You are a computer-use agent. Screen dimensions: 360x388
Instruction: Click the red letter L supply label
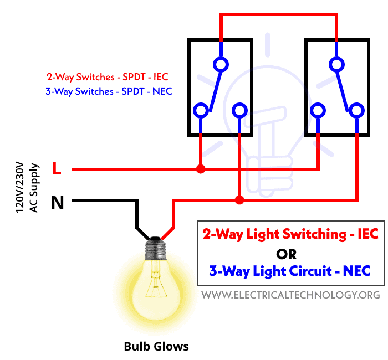[57, 169]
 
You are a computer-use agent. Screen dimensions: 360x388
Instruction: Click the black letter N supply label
[57, 203]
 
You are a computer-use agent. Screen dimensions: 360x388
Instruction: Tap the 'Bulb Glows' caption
[156, 347]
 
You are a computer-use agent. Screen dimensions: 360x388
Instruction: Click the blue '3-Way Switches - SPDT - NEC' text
[109, 91]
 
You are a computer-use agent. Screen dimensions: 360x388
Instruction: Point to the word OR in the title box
[286, 254]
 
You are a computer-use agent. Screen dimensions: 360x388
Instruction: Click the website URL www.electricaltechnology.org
[290, 295]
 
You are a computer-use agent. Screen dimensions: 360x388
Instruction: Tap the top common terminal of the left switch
[221, 65]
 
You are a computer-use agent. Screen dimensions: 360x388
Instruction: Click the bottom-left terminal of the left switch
[200, 111]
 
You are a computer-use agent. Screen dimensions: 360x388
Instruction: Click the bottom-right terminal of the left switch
[239, 111]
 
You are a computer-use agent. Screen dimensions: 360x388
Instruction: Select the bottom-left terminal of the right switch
[318, 111]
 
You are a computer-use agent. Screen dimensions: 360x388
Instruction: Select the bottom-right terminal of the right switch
[356, 111]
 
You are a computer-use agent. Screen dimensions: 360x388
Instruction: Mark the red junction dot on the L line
[201, 169]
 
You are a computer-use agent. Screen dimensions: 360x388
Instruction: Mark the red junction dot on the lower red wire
[239, 200]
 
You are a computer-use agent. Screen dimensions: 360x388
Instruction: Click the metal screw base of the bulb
[156, 248]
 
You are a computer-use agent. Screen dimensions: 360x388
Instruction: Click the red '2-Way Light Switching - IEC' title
[290, 234]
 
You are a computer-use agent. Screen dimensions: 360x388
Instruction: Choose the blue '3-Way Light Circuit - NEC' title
[289, 271]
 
